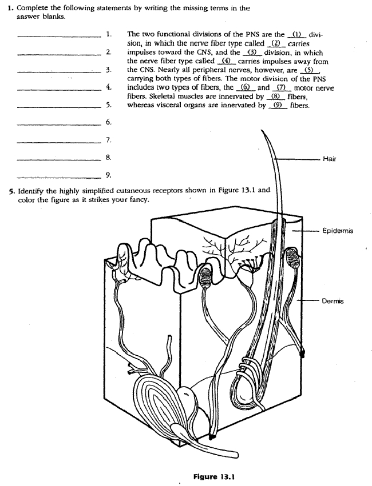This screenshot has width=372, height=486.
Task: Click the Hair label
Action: coord(329,159)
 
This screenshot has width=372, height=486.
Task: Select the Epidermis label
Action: coord(338,231)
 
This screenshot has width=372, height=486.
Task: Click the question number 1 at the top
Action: coord(11,9)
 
